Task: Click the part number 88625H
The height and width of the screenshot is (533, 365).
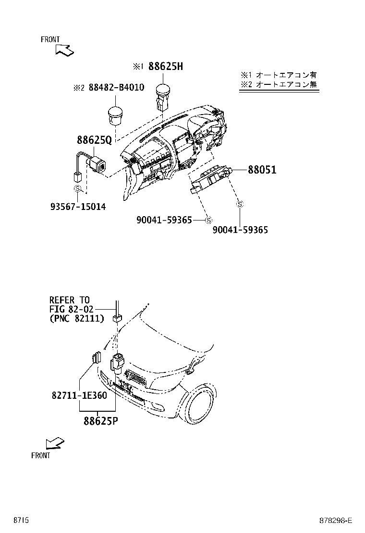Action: click(x=165, y=67)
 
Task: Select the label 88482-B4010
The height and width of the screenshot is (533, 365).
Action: click(x=116, y=88)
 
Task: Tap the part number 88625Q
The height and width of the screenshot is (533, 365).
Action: click(x=94, y=140)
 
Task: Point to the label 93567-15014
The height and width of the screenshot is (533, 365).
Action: click(x=78, y=207)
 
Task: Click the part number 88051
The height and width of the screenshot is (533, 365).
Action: click(x=262, y=170)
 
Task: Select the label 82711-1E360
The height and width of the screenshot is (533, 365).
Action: click(x=79, y=396)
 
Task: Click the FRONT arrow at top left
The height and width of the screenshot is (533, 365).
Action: click(x=63, y=49)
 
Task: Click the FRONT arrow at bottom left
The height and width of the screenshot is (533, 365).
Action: click(x=53, y=444)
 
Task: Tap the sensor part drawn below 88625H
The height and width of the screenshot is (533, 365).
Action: click(x=161, y=97)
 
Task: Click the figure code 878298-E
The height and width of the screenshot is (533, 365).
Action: click(x=336, y=521)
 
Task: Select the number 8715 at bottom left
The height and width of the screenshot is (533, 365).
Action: click(x=21, y=521)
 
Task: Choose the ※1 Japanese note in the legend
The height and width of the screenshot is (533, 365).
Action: click(x=279, y=75)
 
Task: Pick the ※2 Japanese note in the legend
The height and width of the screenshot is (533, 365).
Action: click(x=279, y=85)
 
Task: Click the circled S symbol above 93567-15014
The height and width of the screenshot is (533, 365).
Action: click(x=77, y=189)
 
